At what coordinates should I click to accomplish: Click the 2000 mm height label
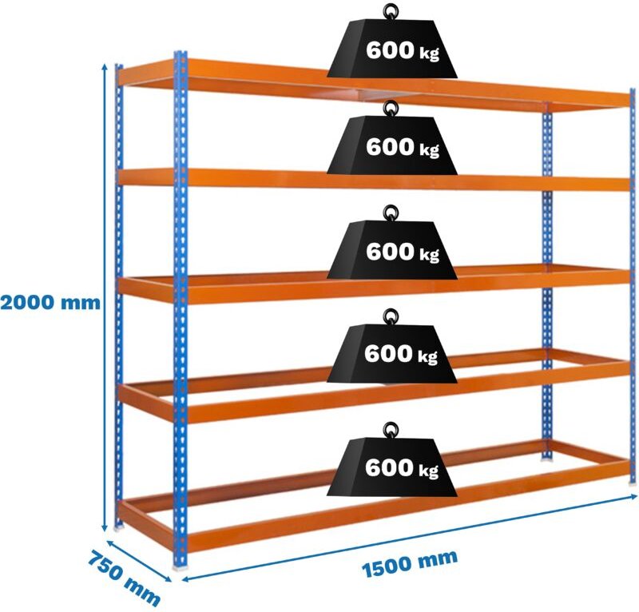[50, 303]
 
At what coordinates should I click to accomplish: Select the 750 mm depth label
[124, 578]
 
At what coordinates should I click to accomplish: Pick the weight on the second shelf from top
[391, 148]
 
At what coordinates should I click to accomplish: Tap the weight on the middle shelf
[391, 252]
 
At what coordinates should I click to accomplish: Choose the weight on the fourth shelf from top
[391, 355]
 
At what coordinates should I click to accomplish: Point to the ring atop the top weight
[391, 11]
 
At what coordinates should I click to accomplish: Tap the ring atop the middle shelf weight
[391, 213]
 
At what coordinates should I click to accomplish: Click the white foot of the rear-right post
[547, 459]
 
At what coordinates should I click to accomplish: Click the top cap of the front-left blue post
[180, 54]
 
